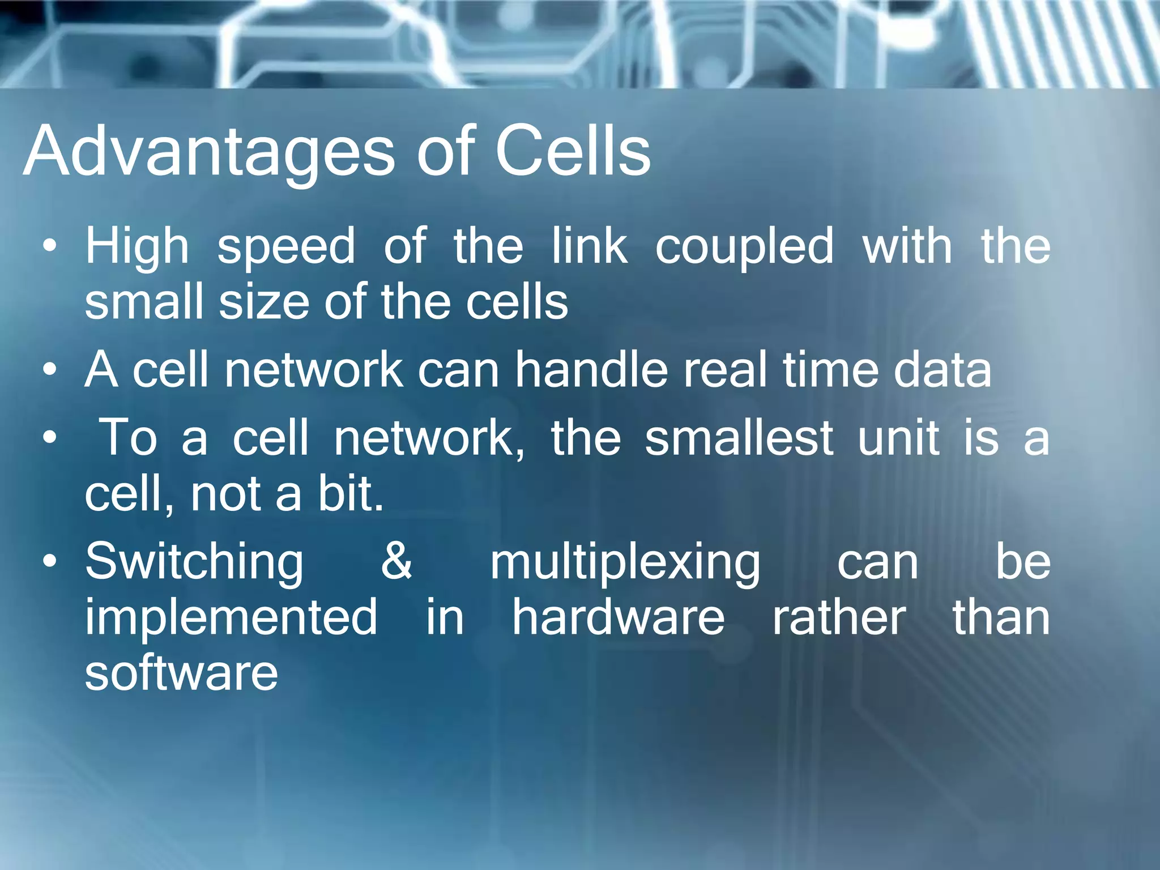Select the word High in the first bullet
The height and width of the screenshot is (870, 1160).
click(x=137, y=247)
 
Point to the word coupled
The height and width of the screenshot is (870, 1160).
click(x=744, y=247)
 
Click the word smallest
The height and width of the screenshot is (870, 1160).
click(x=739, y=437)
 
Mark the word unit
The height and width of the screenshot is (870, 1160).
click(x=898, y=437)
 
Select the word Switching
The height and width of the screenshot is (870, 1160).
click(x=194, y=563)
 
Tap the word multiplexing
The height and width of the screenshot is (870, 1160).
click(x=625, y=563)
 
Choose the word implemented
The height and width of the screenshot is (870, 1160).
click(x=231, y=617)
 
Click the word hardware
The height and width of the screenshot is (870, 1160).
click(x=619, y=617)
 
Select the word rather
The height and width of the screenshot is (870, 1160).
click(x=839, y=617)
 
